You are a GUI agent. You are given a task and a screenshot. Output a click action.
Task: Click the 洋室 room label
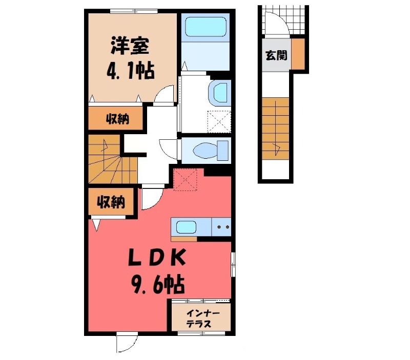[130, 47]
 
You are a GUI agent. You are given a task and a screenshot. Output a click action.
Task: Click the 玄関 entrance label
[276, 55]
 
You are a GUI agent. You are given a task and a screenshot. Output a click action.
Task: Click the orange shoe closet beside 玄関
[299, 55]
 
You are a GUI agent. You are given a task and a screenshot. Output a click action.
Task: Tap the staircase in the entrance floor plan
[276, 128]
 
